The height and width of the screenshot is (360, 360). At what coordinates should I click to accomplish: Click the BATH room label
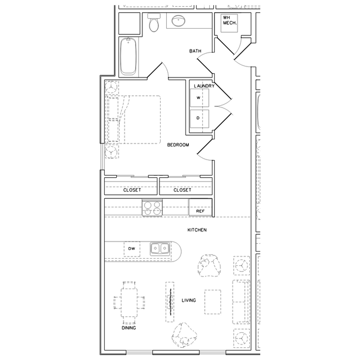(x=195, y=52)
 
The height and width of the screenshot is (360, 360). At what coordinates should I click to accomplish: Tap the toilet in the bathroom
(x=155, y=24)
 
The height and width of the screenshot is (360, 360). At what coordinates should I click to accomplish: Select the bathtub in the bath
(x=128, y=56)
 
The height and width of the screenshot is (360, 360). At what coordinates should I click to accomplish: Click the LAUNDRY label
(x=204, y=86)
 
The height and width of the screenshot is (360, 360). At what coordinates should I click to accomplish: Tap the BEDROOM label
(x=178, y=145)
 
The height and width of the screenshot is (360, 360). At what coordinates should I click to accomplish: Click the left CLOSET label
(x=132, y=190)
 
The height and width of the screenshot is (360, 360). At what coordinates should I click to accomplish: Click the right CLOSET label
(x=182, y=190)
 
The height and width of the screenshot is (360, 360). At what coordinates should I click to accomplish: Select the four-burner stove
(x=152, y=208)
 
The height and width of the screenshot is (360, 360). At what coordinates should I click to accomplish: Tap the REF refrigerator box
(x=200, y=211)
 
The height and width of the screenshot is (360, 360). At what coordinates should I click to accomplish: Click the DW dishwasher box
(x=131, y=249)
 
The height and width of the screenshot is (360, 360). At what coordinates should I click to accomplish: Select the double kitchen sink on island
(x=160, y=249)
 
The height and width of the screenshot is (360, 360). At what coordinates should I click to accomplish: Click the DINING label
(x=128, y=328)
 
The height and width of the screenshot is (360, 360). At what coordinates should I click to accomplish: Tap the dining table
(x=129, y=302)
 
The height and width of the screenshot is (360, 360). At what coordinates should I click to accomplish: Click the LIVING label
(x=189, y=301)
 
